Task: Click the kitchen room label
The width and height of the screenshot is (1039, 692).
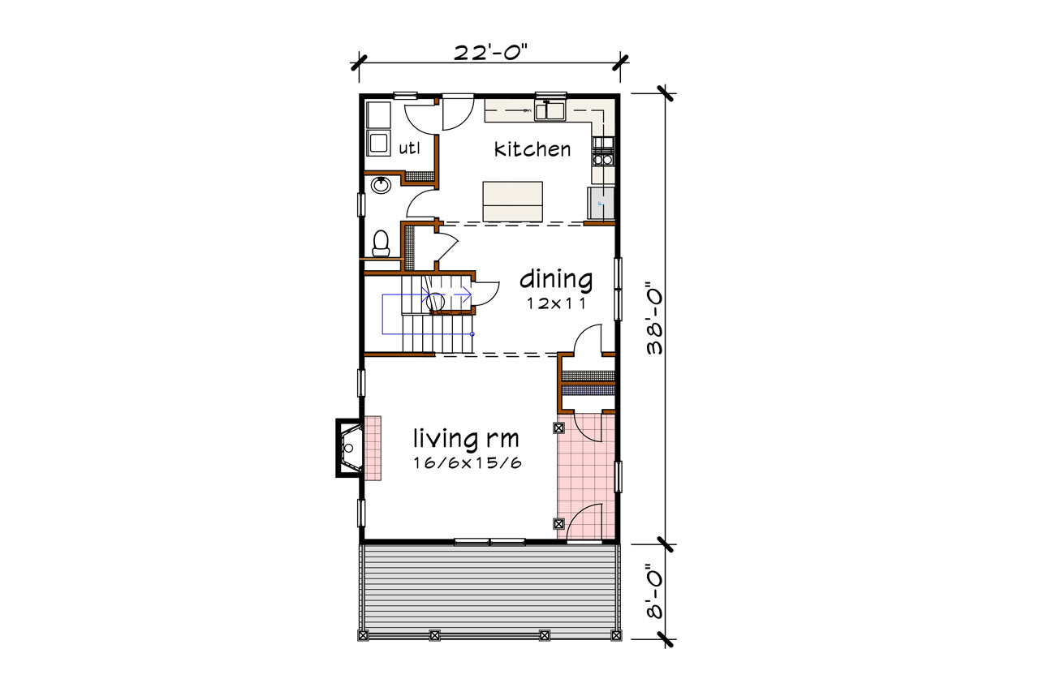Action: (x=532, y=149)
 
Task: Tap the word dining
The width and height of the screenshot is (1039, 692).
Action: (x=555, y=280)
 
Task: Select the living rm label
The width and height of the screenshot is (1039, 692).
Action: (x=465, y=440)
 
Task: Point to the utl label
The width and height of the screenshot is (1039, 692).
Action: (x=408, y=148)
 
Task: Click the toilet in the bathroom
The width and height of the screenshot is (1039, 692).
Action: (x=380, y=243)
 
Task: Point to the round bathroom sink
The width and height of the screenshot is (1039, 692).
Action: (x=381, y=186)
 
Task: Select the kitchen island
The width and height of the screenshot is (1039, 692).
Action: (x=512, y=201)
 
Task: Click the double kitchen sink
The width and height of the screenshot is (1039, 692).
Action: (x=550, y=110)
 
